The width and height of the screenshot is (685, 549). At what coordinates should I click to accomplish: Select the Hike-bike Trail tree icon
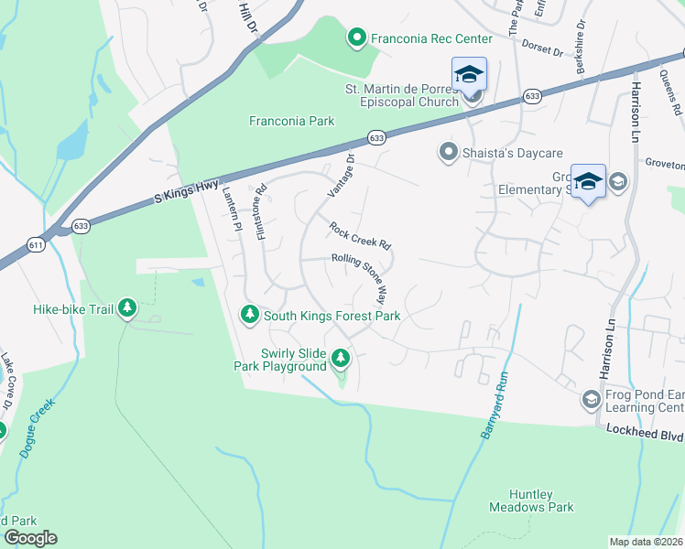point(127,309)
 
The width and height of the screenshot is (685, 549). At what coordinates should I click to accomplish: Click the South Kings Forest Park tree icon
point(249,316)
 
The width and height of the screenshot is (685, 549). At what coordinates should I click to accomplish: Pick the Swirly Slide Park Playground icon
point(341,358)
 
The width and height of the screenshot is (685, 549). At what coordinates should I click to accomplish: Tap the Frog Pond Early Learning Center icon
point(591,399)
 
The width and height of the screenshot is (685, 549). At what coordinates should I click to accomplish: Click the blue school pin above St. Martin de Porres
point(469,75)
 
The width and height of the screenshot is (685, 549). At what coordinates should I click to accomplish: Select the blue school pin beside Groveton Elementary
point(588,181)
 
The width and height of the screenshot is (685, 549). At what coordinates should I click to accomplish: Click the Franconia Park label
point(292,121)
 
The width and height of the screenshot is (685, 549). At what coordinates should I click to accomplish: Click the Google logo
point(31,538)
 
